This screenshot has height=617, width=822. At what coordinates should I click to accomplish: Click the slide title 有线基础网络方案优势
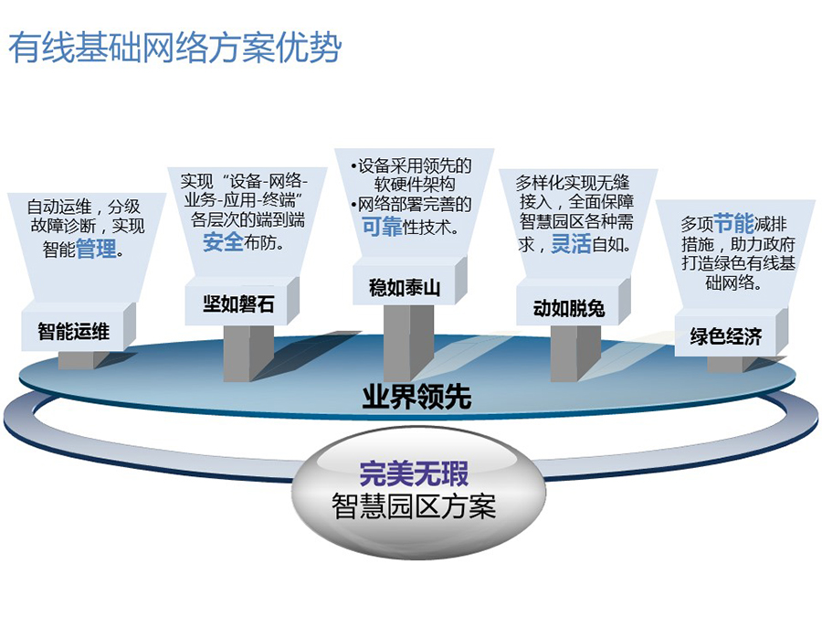click(175, 48)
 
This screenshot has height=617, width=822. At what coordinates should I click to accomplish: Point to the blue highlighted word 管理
click(96, 248)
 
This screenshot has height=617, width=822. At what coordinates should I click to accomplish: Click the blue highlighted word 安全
click(223, 242)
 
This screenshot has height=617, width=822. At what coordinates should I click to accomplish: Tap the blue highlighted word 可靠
click(382, 226)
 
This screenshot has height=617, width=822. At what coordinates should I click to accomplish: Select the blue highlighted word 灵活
click(571, 243)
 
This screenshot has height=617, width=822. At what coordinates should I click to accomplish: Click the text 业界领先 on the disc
click(416, 397)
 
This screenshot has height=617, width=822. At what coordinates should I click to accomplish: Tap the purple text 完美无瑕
click(414, 473)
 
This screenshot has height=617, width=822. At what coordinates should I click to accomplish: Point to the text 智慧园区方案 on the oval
click(414, 506)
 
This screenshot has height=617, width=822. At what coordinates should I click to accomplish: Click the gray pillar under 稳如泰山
click(408, 342)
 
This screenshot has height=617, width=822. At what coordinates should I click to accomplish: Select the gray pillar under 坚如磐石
click(248, 353)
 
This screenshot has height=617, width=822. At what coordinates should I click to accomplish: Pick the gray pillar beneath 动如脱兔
click(575, 353)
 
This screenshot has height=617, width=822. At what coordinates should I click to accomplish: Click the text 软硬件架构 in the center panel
click(414, 185)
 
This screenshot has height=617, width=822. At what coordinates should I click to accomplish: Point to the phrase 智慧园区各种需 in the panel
click(576, 221)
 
